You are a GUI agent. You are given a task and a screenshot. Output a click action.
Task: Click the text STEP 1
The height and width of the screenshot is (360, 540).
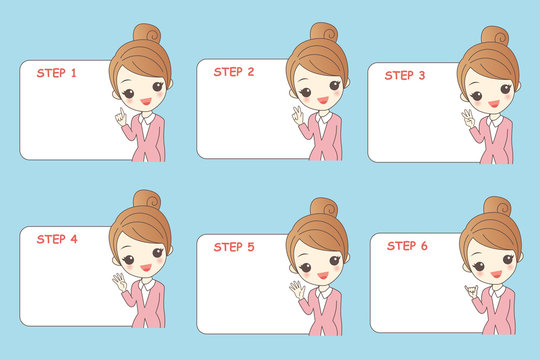(x=56, y=73)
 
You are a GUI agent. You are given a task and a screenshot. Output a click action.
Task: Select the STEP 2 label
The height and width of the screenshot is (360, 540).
(x=233, y=72)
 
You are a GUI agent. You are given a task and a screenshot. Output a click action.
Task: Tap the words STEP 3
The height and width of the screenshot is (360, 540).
(x=405, y=75)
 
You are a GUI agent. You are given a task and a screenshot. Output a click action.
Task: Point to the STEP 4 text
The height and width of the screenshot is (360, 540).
(x=57, y=239)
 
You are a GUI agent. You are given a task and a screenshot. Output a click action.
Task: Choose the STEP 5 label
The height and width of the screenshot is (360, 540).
(x=234, y=246)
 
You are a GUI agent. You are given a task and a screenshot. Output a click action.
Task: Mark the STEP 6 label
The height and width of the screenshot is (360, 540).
(x=407, y=245)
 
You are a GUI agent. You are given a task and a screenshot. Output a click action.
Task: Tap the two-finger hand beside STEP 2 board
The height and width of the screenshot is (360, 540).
(x=297, y=115)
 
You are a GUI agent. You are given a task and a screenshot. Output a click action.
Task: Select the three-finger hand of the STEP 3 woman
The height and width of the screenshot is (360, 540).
(x=468, y=119)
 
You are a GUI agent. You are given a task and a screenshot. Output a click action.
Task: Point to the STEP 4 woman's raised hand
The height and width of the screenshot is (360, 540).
(x=121, y=282)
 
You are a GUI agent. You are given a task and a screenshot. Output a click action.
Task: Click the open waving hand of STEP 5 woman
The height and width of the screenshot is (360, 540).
(x=297, y=290)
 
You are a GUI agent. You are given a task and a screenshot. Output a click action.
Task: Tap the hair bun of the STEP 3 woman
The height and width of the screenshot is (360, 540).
(x=495, y=36)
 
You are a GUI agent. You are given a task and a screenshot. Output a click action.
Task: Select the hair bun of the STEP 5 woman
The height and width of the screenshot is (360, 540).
(x=323, y=207)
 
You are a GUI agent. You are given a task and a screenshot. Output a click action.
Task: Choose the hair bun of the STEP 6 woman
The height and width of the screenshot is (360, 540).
(x=497, y=206)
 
